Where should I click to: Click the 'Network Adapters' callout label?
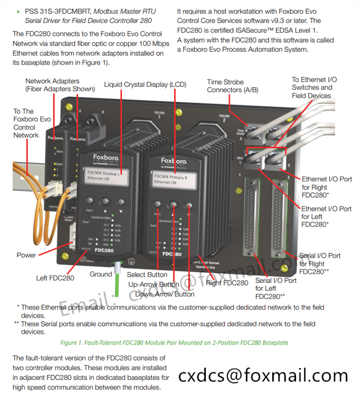[52, 82]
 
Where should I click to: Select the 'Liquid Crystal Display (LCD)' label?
[145, 84]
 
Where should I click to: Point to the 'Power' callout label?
[26, 255]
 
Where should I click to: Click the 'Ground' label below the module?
[101, 275]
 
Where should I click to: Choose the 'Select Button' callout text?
[147, 275]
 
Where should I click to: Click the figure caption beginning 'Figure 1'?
[174, 343]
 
